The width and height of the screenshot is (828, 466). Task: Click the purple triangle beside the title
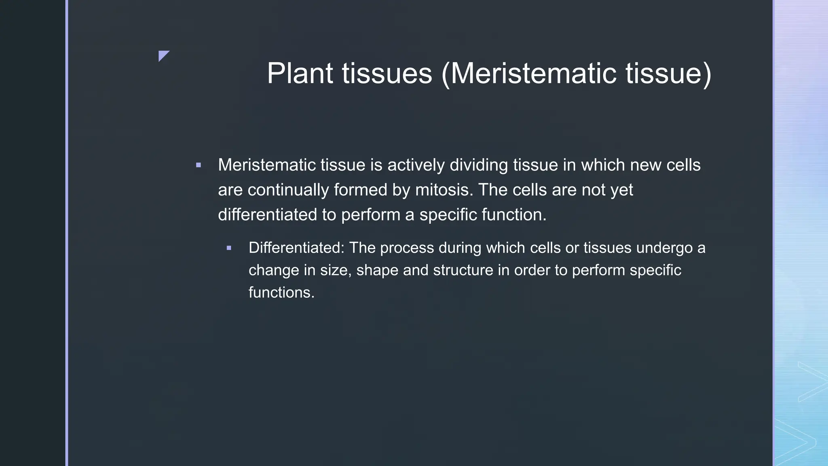(163, 55)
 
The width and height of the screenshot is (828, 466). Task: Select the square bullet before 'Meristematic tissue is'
(198, 165)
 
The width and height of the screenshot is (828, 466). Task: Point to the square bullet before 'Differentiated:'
(229, 248)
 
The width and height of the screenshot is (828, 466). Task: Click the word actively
(416, 165)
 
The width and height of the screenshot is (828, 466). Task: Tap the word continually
(288, 190)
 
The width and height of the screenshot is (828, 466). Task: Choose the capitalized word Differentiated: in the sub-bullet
(296, 248)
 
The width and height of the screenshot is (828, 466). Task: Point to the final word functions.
(281, 292)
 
